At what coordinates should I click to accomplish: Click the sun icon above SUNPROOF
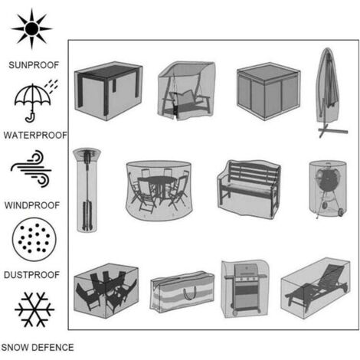pyautogui.click(x=31, y=28)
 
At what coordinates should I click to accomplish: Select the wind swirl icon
pyautogui.click(x=31, y=169)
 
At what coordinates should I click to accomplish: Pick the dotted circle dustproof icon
pyautogui.click(x=34, y=239)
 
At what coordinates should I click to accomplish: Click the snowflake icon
pyautogui.click(x=34, y=309)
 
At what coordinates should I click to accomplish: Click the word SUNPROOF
pyautogui.click(x=34, y=65)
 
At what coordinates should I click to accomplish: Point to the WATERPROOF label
pyautogui.click(x=35, y=135)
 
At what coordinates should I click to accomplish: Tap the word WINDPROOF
pyautogui.click(x=32, y=205)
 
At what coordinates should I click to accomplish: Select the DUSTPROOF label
pyautogui.click(x=31, y=275)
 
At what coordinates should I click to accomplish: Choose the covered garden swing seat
pyautogui.click(x=186, y=90)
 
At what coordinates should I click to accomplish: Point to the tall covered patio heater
pyautogui.click(x=87, y=190)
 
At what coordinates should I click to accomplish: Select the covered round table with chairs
pyautogui.click(x=159, y=191)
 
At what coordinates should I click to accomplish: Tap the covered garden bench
pyautogui.click(x=249, y=189)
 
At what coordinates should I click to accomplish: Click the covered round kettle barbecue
pyautogui.click(x=328, y=189)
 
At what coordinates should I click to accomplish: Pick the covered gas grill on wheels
pyautogui.click(x=245, y=289)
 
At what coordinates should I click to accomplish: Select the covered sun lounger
pyautogui.click(x=316, y=288)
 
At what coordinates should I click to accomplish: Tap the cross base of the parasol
pyautogui.click(x=332, y=130)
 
